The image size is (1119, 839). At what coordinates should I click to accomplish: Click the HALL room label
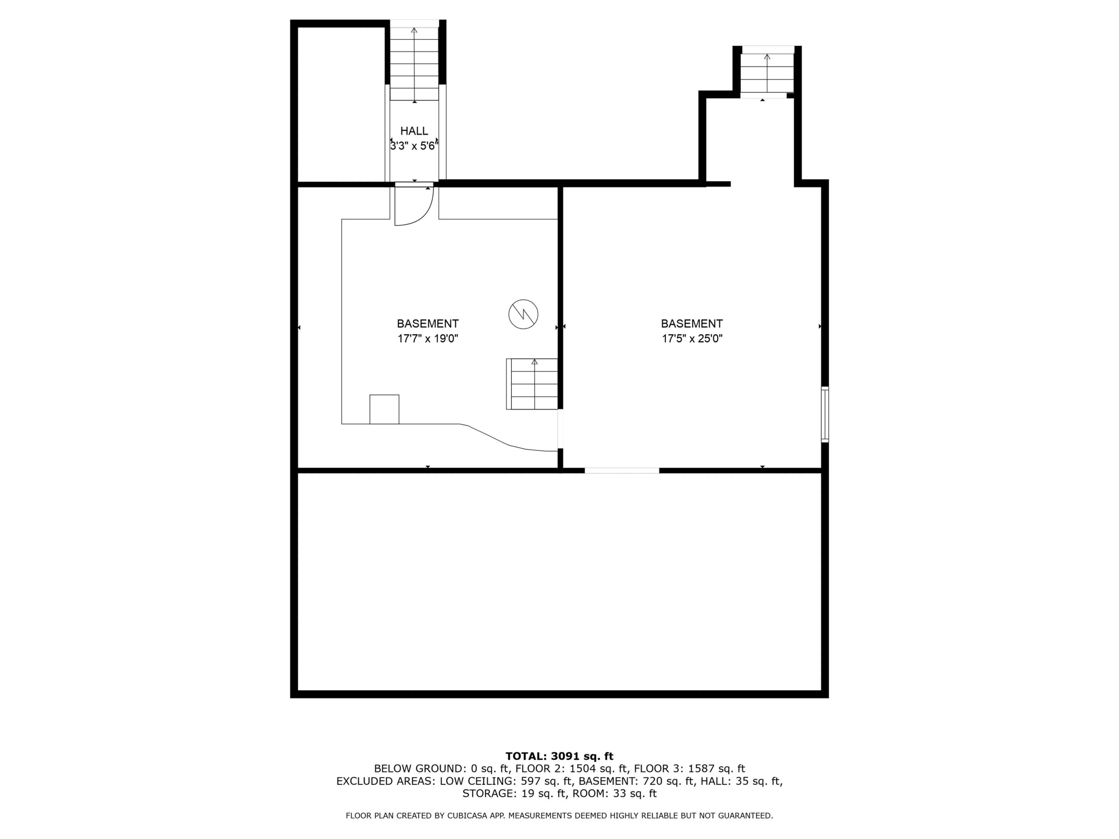[x=414, y=131]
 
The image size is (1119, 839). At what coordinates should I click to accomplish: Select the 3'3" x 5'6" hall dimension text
[x=414, y=146]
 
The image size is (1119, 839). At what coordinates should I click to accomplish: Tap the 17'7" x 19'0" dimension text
[x=427, y=339]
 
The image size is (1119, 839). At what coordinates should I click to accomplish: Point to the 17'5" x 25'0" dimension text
[x=692, y=339]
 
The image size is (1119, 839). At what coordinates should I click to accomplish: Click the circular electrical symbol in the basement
[x=523, y=315]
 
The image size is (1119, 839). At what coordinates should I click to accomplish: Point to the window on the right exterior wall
[x=824, y=414]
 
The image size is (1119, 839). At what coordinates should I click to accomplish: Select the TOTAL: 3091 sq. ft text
[x=559, y=756]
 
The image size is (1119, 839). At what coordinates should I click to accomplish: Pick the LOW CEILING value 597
[x=531, y=781]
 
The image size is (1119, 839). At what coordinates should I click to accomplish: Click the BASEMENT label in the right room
[x=692, y=324]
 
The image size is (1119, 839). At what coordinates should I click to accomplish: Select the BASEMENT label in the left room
[x=427, y=324]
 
